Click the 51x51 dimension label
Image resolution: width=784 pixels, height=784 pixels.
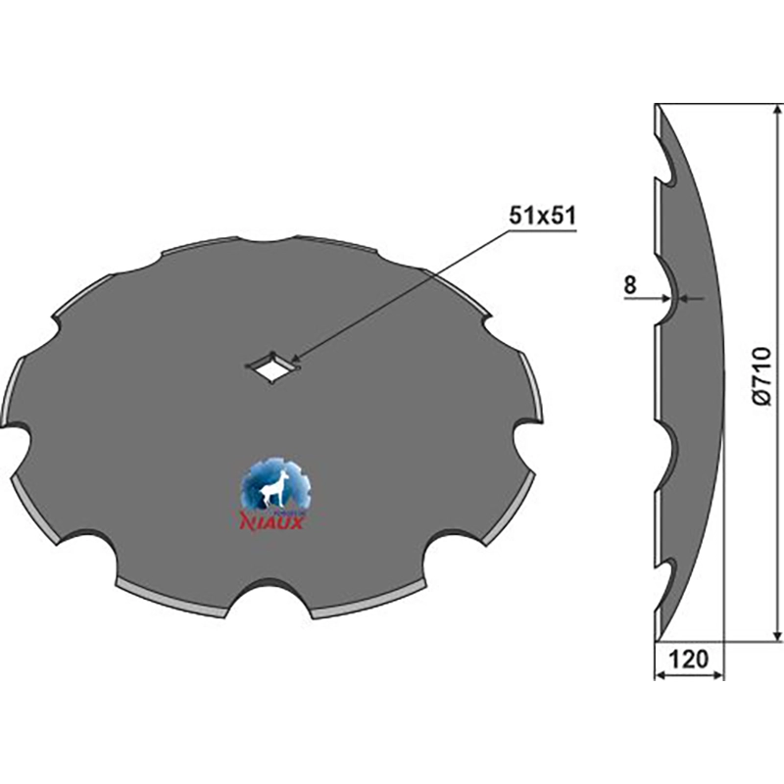tap(543, 216)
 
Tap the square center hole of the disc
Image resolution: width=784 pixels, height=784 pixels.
tap(272, 367)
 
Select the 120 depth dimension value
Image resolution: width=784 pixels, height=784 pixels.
tap(689, 660)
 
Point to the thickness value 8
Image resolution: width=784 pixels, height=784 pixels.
tap(629, 285)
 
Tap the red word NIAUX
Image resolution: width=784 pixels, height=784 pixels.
tap(272, 521)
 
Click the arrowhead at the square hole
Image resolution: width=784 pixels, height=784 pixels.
tap(296, 358)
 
